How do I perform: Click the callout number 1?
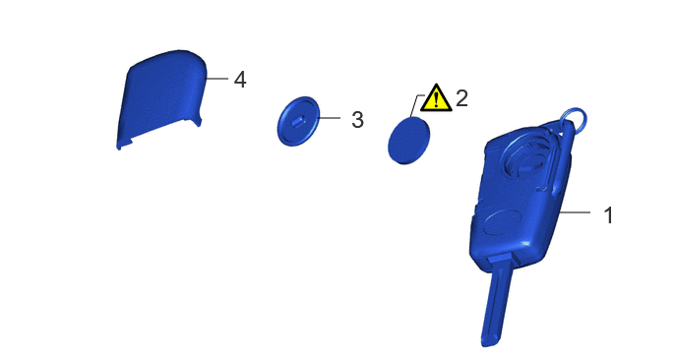click(608, 215)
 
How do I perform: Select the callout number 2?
click(462, 98)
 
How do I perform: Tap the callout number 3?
click(357, 120)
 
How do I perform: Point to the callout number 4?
click(240, 80)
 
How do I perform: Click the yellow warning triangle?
click(437, 98)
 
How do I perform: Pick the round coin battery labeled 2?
click(409, 141)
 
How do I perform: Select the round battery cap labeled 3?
click(298, 121)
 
